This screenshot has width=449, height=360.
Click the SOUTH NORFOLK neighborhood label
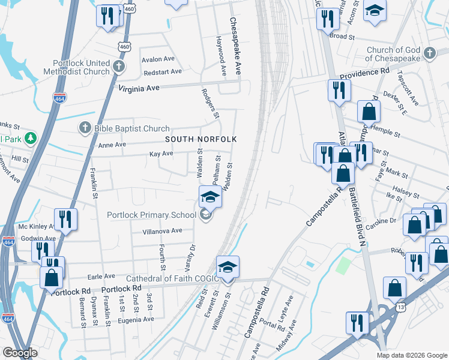click(201, 139)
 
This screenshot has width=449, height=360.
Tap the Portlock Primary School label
click(151, 215)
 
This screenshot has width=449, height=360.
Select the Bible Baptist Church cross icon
click(85, 128)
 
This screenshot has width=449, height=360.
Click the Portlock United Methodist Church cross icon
click(119, 67)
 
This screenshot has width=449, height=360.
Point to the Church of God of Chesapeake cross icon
click(429, 54)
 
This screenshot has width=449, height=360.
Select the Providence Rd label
click(364, 73)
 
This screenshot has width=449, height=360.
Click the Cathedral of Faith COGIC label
click(170, 278)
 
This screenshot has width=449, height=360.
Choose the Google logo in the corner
click(20, 353)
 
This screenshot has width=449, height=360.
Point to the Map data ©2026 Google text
click(412, 355)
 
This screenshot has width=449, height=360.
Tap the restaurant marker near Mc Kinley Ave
click(65, 220)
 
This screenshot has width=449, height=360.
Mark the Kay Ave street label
click(161, 154)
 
